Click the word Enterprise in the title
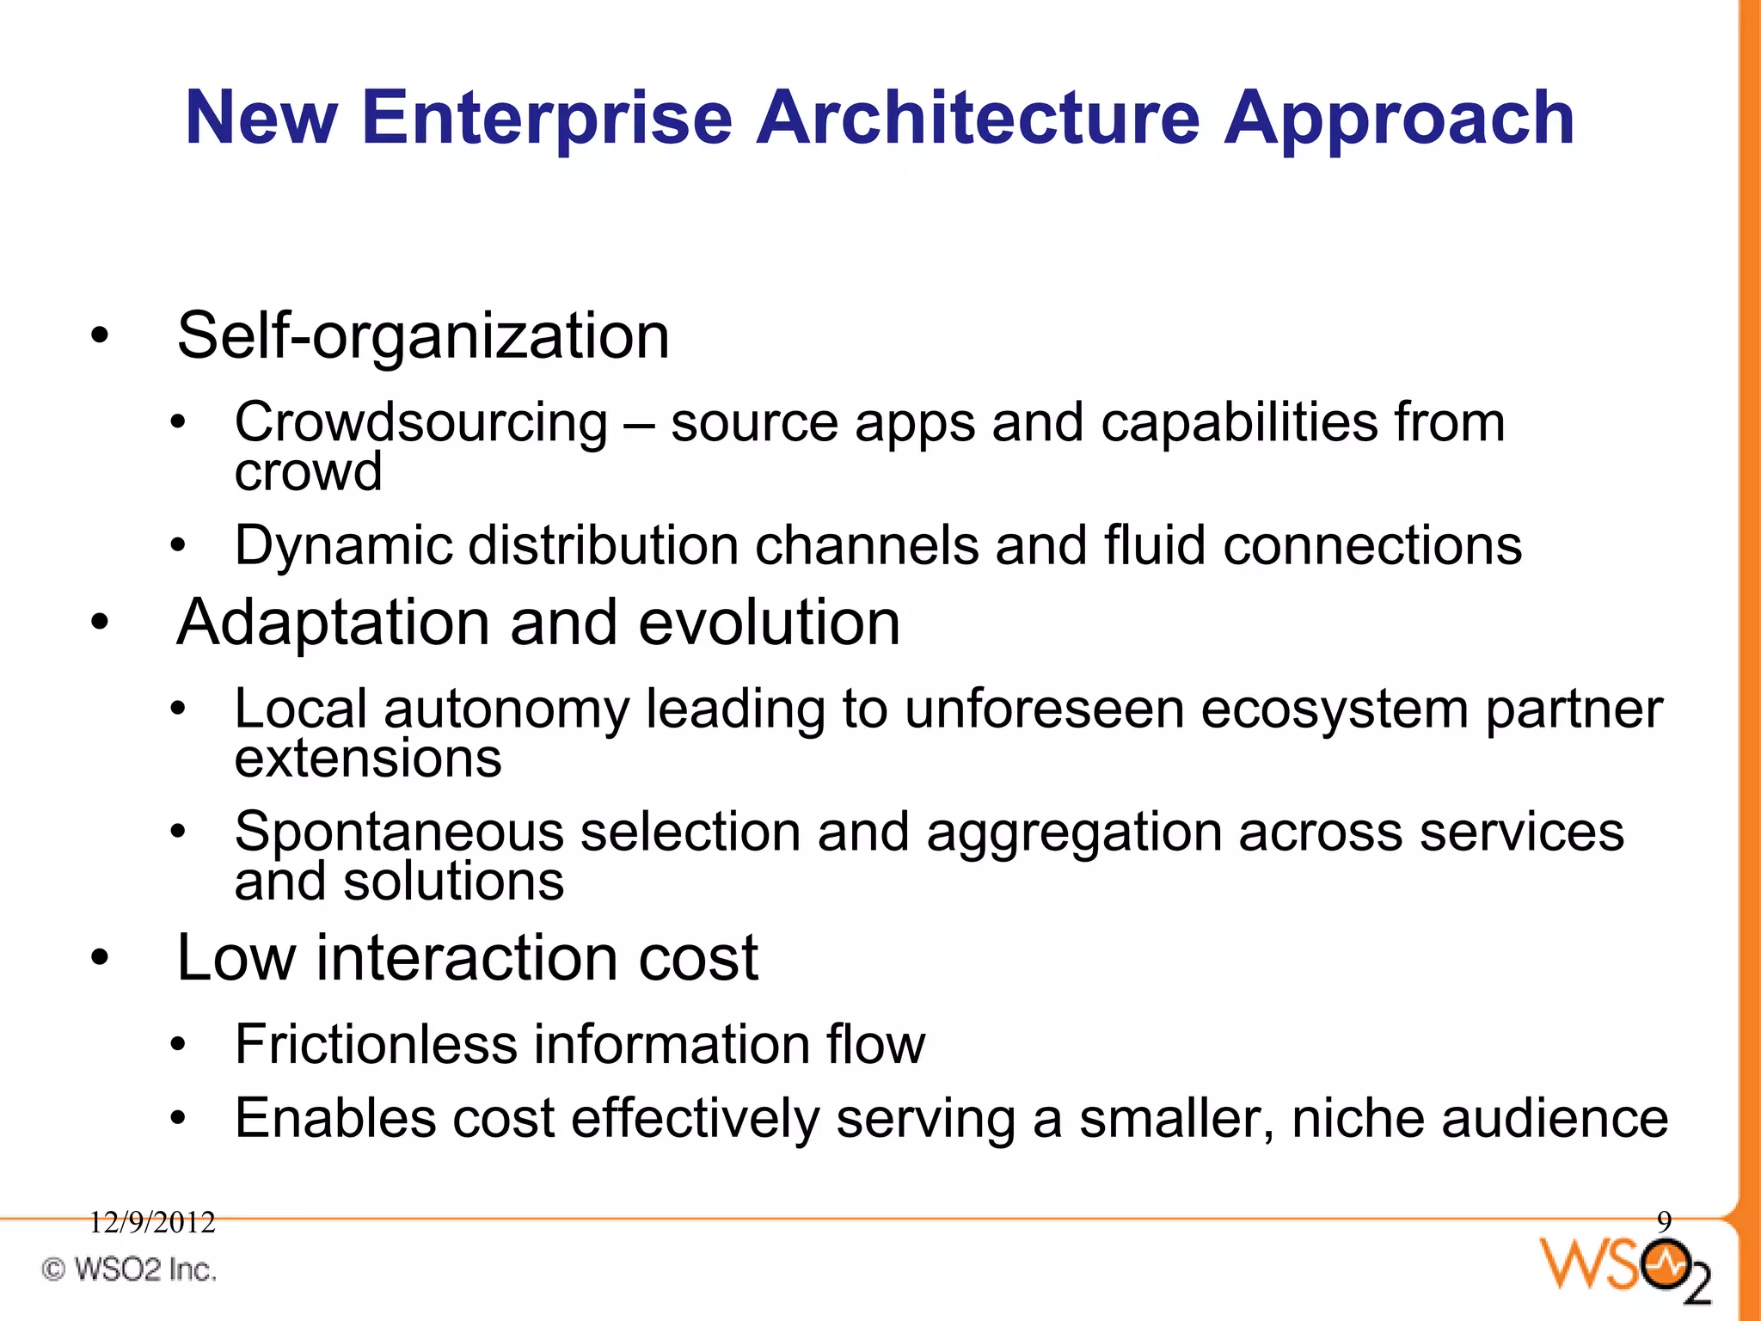point(547,119)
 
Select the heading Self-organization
point(423,335)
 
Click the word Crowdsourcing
point(421,423)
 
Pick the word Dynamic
point(343,545)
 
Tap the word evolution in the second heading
point(769,623)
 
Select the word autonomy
point(506,710)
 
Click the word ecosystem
point(1335,710)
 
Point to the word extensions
point(368,759)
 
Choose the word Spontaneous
point(399,833)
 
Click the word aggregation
point(1074,833)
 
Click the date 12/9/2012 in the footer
point(152,1222)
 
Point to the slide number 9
point(1664,1221)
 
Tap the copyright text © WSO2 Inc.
point(129,1269)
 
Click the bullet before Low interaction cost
point(101,958)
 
